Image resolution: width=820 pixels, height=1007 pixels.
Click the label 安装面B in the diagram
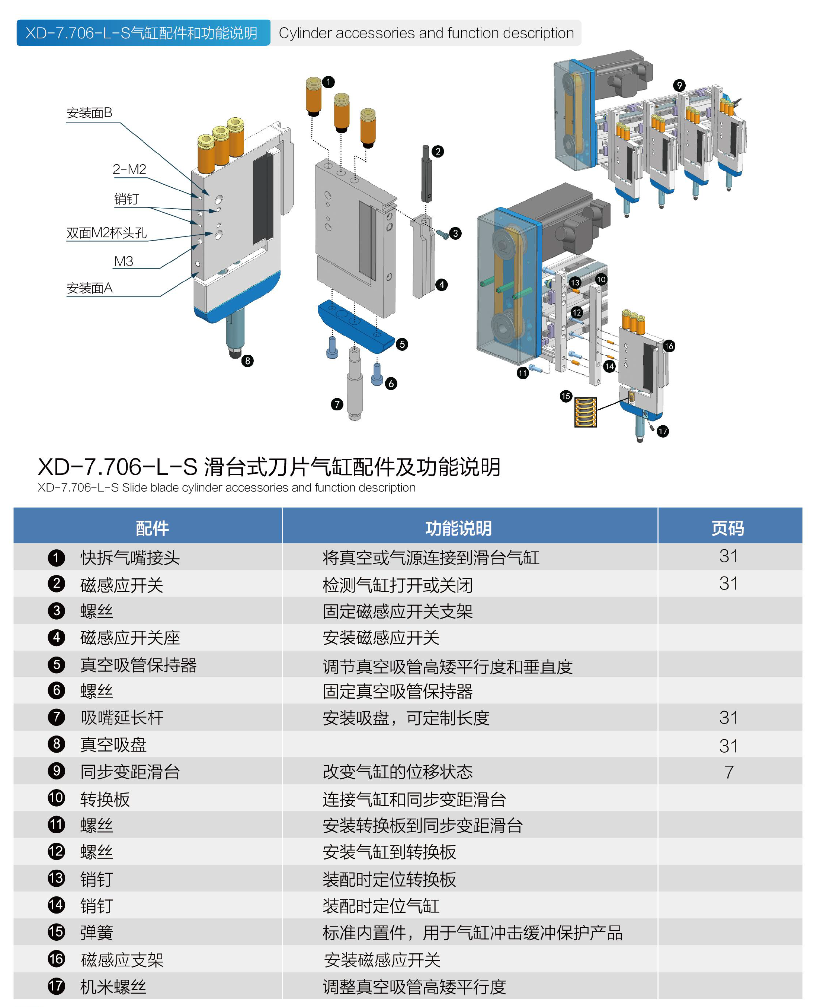[x=89, y=113]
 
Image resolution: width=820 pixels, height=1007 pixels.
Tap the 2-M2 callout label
[x=129, y=169]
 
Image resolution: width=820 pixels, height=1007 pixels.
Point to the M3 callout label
[x=124, y=261]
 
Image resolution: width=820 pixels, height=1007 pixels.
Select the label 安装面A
[x=89, y=288]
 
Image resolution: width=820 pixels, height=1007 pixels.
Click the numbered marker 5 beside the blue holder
[x=402, y=344]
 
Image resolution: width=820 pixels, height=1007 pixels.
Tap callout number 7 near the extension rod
[x=337, y=404]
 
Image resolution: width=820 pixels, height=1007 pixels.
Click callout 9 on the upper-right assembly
[x=679, y=85]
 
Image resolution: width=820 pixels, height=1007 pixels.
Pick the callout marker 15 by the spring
[x=566, y=396]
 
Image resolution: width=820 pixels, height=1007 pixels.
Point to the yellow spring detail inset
[x=585, y=412]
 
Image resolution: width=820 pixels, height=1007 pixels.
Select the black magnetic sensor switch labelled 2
[x=426, y=174]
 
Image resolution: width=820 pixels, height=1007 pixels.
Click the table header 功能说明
[x=458, y=528]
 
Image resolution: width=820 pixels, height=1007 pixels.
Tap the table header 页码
[x=728, y=528]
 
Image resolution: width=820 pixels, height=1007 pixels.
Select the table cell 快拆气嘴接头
[x=130, y=558]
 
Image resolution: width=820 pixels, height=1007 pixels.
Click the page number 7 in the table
[x=729, y=772]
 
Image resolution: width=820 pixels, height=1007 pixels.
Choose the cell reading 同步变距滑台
[x=130, y=772]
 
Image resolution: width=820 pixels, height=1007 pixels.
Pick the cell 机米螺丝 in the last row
[x=113, y=987]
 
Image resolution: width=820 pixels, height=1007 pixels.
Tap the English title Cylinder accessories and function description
[x=426, y=33]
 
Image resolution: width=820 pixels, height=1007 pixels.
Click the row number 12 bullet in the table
[x=56, y=851]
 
